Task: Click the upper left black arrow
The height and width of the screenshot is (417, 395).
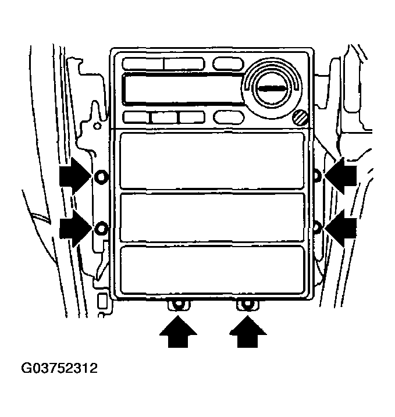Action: pyautogui.click(x=75, y=176)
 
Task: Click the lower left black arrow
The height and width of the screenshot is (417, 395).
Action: pyautogui.click(x=75, y=228)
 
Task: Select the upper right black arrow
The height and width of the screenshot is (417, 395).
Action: pyautogui.click(x=341, y=176)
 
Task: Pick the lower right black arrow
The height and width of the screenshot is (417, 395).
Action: pyautogui.click(x=341, y=228)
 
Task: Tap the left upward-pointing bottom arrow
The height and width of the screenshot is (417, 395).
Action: pyautogui.click(x=178, y=332)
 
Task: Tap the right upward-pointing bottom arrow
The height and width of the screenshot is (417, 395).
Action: pyautogui.click(x=248, y=332)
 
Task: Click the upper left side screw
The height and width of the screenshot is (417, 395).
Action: pyautogui.click(x=101, y=176)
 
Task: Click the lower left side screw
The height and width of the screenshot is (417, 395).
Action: pyautogui.click(x=101, y=229)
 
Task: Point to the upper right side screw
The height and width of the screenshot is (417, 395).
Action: pyautogui.click(x=317, y=176)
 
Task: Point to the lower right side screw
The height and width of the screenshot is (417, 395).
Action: pyautogui.click(x=317, y=227)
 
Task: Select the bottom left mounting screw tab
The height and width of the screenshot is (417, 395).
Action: pyautogui.click(x=179, y=305)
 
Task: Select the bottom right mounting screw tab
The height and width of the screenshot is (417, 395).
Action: pyautogui.click(x=248, y=305)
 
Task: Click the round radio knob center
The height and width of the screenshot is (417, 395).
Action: pyautogui.click(x=272, y=88)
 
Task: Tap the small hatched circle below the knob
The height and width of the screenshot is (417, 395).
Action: pyautogui.click(x=300, y=117)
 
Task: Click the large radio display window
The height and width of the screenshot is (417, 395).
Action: pyautogui.click(x=183, y=88)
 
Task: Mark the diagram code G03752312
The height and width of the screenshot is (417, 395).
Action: pyautogui.click(x=59, y=368)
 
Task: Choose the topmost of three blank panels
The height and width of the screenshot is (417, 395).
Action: pyautogui.click(x=212, y=161)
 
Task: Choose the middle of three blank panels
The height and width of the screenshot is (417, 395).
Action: pyautogui.click(x=212, y=218)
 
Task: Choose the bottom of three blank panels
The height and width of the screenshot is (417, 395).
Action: pyautogui.click(x=212, y=270)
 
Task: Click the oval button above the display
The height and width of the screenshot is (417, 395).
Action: pyautogui.click(x=228, y=64)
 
